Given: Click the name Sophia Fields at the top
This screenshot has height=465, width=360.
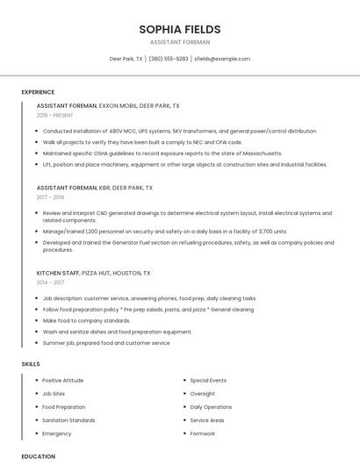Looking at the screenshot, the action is (x=180, y=29).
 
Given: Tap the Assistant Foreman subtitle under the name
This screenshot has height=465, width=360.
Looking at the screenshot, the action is (x=180, y=42).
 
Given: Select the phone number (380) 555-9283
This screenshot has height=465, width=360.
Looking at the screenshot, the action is (x=169, y=59).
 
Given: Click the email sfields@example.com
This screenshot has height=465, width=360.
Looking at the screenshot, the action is (x=222, y=59).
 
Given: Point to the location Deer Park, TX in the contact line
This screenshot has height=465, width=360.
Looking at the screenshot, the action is (x=126, y=59).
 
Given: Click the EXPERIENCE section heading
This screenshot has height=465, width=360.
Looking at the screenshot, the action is (x=38, y=92).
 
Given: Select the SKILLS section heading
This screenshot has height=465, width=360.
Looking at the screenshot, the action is (x=31, y=363).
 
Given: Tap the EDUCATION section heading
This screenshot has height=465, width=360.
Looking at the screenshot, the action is (x=39, y=456).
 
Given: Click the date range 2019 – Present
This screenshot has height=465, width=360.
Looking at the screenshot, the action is (x=54, y=115).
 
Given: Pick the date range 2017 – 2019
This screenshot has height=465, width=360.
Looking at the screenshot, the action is (x=50, y=197).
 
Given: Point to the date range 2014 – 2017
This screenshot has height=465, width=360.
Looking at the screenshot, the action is (x=50, y=283).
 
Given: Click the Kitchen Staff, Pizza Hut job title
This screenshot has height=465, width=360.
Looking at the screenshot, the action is (x=95, y=273).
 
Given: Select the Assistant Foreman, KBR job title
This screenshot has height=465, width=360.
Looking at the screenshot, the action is (x=95, y=188).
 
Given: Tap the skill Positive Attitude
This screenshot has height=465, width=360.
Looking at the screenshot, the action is (x=63, y=381).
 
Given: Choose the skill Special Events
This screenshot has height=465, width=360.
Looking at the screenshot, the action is (x=208, y=381).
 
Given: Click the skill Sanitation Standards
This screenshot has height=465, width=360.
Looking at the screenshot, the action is (x=68, y=420).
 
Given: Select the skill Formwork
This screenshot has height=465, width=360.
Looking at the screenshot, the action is (x=203, y=433).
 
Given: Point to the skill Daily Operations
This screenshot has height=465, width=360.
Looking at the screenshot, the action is (x=211, y=407).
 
